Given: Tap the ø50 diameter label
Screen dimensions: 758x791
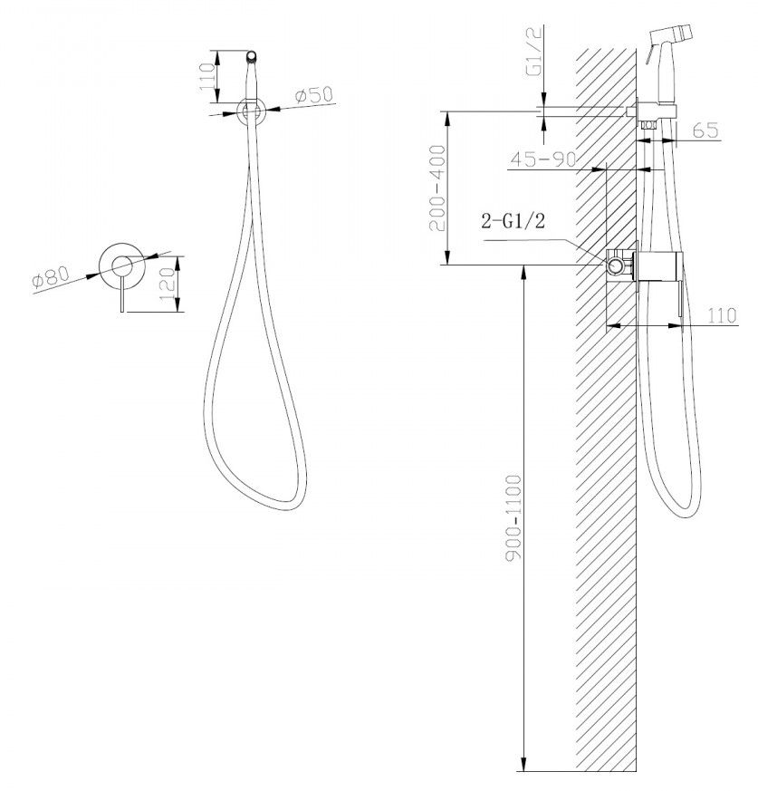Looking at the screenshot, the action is pos(314,95).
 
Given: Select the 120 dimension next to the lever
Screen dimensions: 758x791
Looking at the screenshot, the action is pos(167,284).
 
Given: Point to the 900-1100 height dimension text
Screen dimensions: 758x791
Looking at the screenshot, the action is pos(513,517).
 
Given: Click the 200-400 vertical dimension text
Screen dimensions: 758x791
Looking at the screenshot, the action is pos(437,188).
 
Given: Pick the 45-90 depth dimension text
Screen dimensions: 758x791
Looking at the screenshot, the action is pos(543,159).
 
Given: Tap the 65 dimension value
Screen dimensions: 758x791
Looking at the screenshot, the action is pos(705,130).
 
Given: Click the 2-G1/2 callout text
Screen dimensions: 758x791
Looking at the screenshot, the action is pos(513,220).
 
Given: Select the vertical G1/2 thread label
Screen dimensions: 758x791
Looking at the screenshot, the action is pos(534,51).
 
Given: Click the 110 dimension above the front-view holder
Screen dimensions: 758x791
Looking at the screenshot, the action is pos(207,76).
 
